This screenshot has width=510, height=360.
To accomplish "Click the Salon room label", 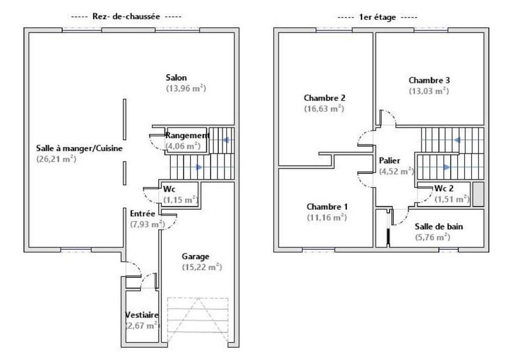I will pos(176,78).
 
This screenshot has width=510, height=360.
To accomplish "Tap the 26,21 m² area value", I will pos(57,159).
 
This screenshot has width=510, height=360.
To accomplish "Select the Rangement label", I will pos(187,135).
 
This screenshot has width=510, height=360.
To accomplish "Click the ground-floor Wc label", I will pos(169,189).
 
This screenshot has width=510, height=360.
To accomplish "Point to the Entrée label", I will pos(143,213).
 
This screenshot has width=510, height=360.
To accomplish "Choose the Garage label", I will pos(195,256).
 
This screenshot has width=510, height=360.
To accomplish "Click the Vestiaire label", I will pos(142,315).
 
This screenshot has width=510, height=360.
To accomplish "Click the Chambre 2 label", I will pos(324,97).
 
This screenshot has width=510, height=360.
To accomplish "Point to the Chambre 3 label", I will pos(429,80).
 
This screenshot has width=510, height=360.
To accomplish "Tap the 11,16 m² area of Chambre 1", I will pos(326,217).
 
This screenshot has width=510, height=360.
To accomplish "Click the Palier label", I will pos(389,161).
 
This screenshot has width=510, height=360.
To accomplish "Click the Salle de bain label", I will pos(439,226).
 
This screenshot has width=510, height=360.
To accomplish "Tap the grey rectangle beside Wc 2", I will pos(478,194).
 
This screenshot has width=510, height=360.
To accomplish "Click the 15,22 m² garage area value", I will pos(201,267).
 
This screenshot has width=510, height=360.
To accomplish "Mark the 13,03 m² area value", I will pos(429,91).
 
